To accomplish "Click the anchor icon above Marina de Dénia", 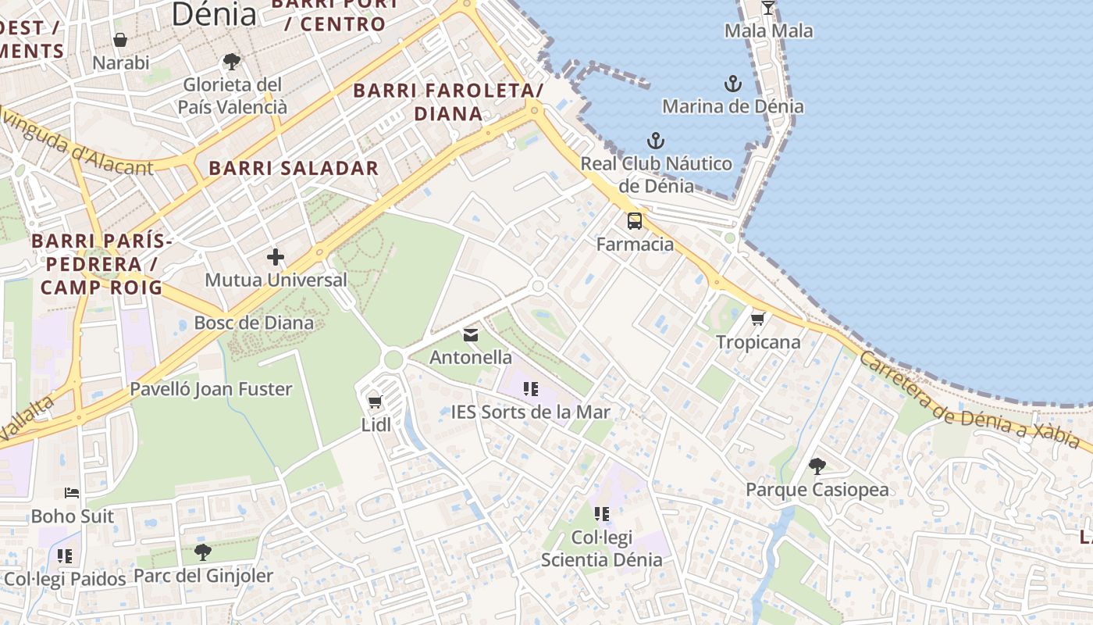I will point(732,84).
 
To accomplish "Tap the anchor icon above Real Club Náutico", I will point(656,141).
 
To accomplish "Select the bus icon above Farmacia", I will point(635,221).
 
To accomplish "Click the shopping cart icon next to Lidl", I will point(375,402).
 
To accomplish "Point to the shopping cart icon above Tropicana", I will point(757,319).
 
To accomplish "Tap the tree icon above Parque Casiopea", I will point(817,467).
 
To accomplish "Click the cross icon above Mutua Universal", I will point(276,256).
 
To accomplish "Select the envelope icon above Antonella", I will point(471,335).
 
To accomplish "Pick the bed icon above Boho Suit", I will point(72,494).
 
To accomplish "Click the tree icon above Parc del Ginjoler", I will point(203,553).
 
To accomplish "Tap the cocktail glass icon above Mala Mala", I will point(768,8).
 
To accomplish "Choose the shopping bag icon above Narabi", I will point(120,40).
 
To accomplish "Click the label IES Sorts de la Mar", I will point(531,412).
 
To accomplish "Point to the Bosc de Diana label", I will point(254,323).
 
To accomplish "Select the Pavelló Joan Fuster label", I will point(211,389).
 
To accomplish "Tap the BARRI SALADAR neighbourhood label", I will point(294,168).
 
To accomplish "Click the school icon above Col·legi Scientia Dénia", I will point(601,514).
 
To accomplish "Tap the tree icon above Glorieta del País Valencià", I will point(231,62).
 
